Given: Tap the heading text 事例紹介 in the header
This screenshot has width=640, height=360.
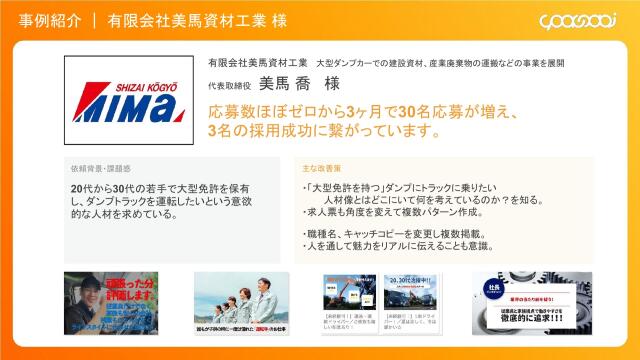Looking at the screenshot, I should coord(50,20).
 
